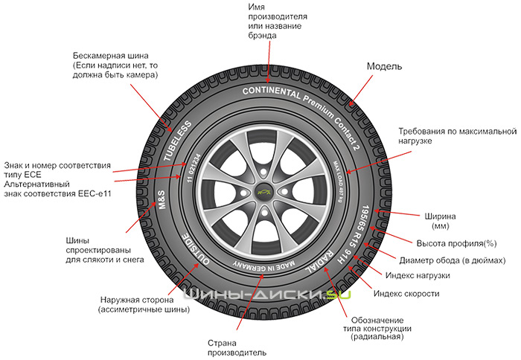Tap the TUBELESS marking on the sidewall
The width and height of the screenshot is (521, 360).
pos(178,139)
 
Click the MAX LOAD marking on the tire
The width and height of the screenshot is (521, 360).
pos(336,176)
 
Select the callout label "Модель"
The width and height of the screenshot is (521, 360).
pos(385,66)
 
